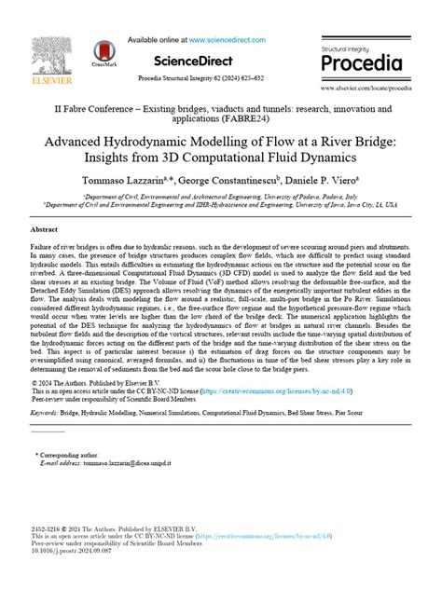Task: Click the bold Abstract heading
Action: tap(44, 227)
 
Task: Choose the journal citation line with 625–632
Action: tap(220, 78)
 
